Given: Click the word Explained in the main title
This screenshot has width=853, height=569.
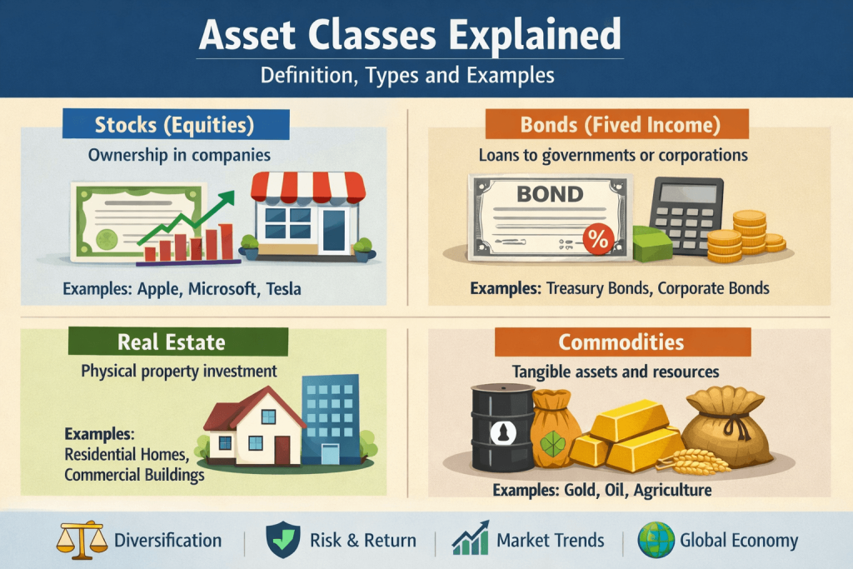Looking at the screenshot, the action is [535, 35].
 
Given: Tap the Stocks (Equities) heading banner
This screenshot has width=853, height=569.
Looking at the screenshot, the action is [176, 125].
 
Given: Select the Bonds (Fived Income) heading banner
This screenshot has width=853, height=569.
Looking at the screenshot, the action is [617, 125].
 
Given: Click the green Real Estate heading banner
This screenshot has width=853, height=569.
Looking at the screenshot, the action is [178, 342].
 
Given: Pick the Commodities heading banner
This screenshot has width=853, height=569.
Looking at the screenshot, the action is [622, 342].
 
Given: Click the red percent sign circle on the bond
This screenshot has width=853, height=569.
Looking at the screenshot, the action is [598, 239].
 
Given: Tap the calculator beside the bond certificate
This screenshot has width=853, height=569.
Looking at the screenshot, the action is [687, 216].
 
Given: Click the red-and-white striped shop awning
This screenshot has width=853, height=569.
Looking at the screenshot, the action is [308, 187].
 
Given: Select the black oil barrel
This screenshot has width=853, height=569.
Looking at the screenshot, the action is [502, 427].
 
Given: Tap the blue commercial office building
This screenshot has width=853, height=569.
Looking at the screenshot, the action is [331, 419].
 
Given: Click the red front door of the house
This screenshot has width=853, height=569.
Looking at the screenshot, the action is [282, 451].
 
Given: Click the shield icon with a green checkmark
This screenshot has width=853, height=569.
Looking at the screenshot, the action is [283, 540].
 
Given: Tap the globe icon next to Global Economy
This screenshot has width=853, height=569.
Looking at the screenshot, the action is [656, 540].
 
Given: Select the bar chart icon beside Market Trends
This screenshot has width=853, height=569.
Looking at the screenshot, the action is [470, 538].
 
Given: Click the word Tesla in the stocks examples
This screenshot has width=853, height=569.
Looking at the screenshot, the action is [283, 288].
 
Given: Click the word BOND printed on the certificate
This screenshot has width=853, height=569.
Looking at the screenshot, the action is [550, 194].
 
